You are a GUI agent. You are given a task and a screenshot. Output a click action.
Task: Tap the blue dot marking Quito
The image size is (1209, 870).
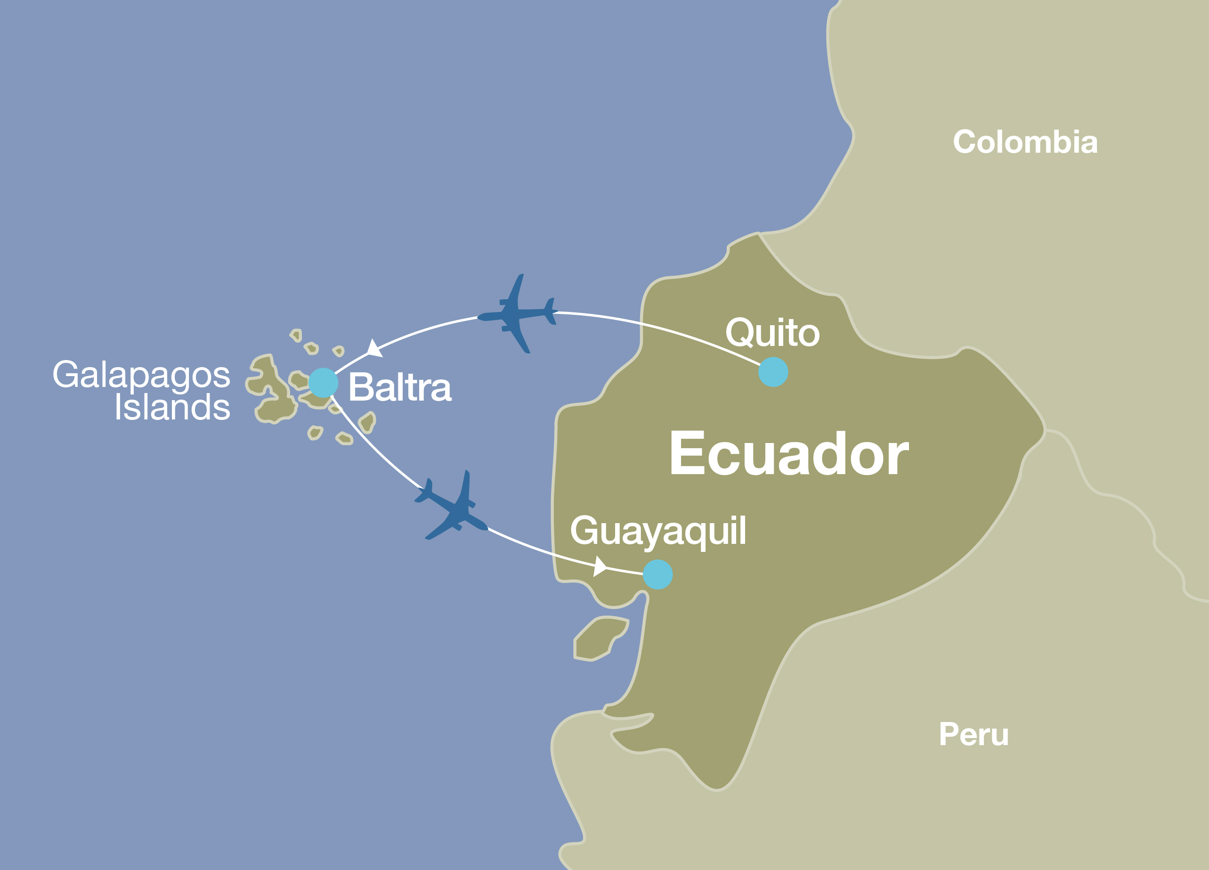point(773,372)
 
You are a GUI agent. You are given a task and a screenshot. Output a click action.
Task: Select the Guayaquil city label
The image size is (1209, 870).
point(658,530)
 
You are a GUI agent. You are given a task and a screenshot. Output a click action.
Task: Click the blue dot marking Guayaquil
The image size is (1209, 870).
point(657,575)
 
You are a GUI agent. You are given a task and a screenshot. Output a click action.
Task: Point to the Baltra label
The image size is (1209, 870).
point(399,387)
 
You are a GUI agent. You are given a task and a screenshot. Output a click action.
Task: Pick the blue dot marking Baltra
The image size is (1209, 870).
point(323,383)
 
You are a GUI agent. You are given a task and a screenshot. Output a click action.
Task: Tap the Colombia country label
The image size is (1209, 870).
point(1025,142)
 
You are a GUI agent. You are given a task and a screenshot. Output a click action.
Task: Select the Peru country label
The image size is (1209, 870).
point(974,735)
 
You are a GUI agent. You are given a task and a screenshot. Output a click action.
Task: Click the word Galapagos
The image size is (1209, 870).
point(141,375)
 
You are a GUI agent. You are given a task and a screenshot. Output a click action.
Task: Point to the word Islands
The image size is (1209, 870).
point(172,408)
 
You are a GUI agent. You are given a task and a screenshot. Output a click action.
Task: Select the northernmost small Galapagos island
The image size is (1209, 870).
point(296,335)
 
